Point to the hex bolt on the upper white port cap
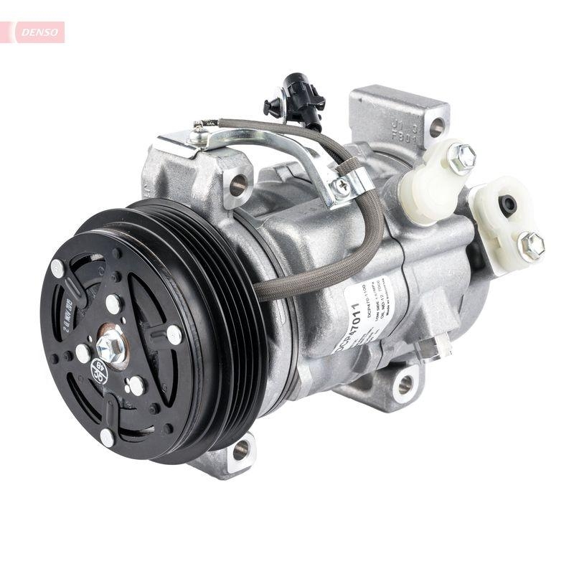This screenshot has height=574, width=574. click(461, 158)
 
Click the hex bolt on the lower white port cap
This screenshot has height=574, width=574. click(531, 245)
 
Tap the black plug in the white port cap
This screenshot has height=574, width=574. click(508, 204)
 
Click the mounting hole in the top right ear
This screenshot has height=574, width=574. click(436, 128)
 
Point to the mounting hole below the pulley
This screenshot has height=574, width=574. click(241, 450)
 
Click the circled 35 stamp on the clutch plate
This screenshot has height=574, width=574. click(100, 374)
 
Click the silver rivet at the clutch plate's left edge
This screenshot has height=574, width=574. click(57, 270)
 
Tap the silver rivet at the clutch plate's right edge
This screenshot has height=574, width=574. click(174, 334)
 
